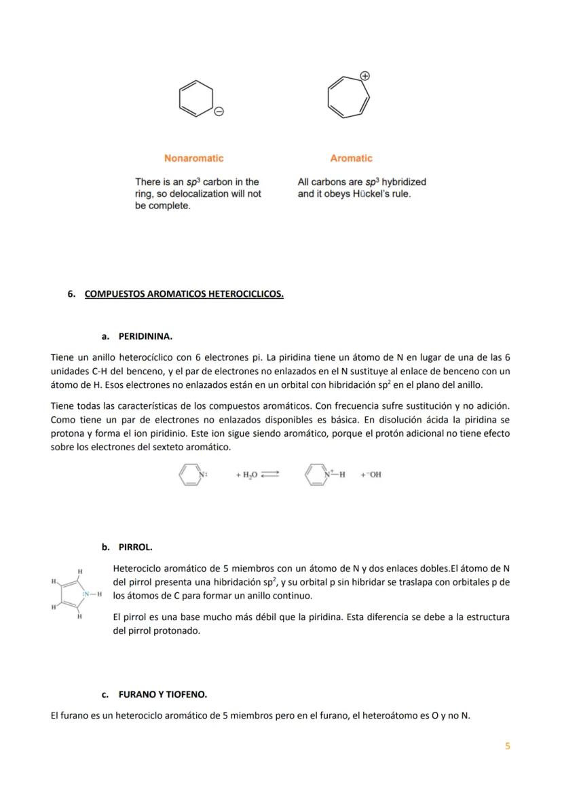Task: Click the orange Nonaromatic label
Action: (193, 158)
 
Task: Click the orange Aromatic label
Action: (351, 158)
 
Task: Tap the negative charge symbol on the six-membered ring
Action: (219, 111)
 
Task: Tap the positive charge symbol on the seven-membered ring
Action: (364, 76)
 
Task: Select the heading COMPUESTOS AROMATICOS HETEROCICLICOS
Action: (184, 294)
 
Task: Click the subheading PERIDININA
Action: (145, 336)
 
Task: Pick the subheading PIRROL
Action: (135, 547)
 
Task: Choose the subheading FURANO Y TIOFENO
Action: (162, 695)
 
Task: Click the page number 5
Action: (507, 746)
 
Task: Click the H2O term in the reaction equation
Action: (244, 475)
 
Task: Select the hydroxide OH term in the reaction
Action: (371, 475)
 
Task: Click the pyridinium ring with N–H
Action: (317, 474)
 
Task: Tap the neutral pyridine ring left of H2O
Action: (191, 474)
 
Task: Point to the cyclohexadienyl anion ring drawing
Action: (194, 98)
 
